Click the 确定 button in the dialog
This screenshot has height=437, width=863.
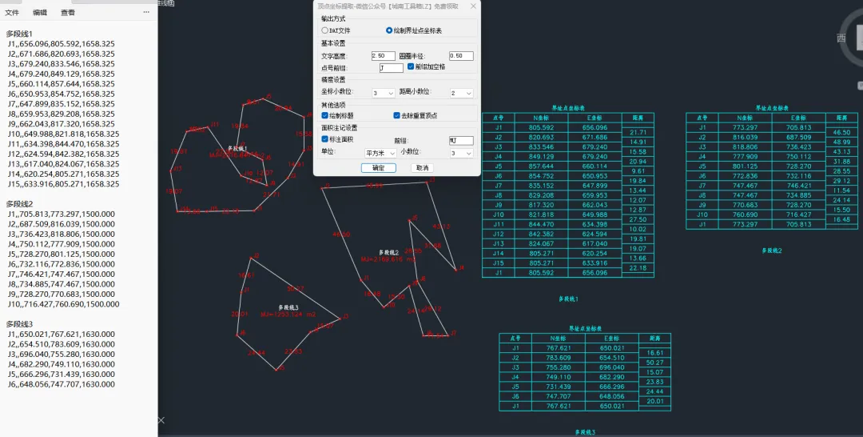378,168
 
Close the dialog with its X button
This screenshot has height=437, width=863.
473,6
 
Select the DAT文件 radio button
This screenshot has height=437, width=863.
325,30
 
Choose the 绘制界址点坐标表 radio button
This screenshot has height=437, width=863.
389,30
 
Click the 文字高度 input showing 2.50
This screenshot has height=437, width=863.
384,56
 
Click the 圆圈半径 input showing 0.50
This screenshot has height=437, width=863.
461,56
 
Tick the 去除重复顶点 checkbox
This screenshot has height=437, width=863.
397,115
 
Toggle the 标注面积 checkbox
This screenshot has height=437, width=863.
325,140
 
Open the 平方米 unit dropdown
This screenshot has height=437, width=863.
380,152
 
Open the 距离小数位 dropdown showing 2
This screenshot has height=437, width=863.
461,93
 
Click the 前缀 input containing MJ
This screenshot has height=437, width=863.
461,140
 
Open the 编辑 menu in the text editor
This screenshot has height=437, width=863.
40,13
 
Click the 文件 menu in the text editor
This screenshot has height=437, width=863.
12,13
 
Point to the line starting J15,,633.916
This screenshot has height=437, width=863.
63,183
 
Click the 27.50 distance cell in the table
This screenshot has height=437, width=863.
638,219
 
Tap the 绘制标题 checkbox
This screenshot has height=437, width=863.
325,115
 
